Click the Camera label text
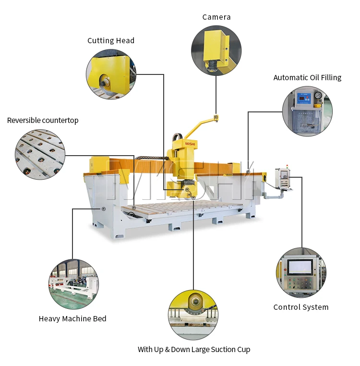216,17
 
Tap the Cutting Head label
111,41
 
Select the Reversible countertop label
43,121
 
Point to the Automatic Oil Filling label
307,78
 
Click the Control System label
301,307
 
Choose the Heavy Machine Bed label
72,319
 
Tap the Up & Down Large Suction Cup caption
194,350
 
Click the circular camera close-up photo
216,50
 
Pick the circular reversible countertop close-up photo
40,155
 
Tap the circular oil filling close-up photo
307,111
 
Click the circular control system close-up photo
301,272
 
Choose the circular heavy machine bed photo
73,284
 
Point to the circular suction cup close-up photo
193,315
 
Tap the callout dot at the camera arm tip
216,117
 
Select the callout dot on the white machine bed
103,209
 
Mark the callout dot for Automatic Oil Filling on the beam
248,171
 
